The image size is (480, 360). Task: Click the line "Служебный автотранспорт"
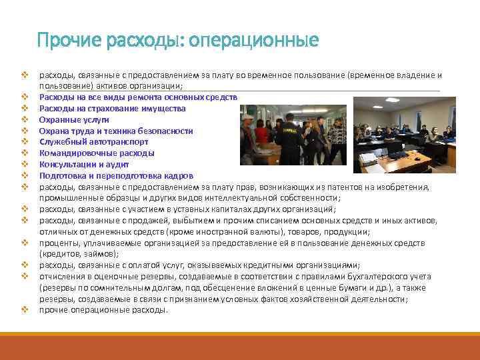pyautogui.click(x=84, y=142)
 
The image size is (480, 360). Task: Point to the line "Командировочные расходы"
pyautogui.click(x=87, y=153)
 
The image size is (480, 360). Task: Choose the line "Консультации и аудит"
pyautogui.click(x=79, y=165)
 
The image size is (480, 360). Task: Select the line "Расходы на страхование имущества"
pyautogui.click(x=113, y=108)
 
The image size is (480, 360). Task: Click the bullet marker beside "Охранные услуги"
pyautogui.click(x=23, y=119)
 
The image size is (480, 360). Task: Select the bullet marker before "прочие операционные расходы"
pyautogui.click(x=23, y=311)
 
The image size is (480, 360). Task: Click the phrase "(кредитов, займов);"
pyautogui.click(x=79, y=254)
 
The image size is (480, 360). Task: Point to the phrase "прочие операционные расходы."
pyautogui.click(x=103, y=311)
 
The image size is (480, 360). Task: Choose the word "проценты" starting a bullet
pyautogui.click(x=59, y=243)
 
